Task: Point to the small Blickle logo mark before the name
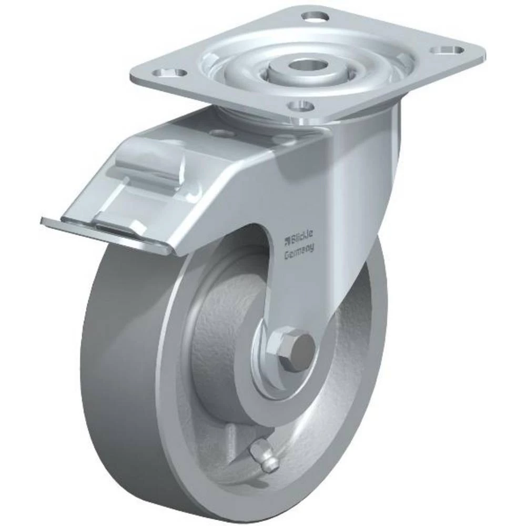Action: click(287, 240)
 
